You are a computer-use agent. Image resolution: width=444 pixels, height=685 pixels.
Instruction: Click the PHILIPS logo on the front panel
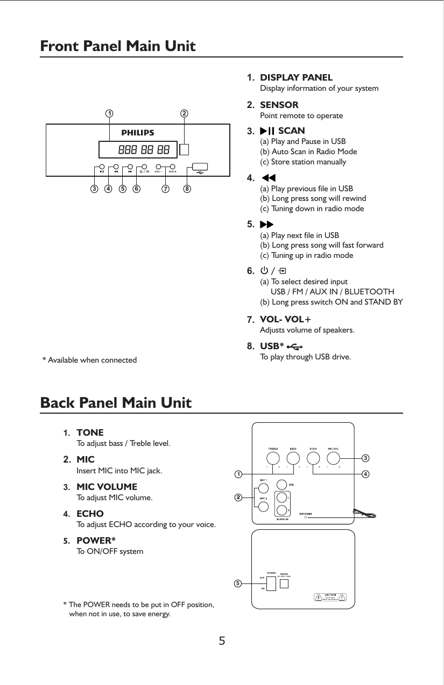pyautogui.click(x=137, y=132)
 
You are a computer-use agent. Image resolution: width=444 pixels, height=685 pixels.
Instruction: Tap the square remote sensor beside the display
pyautogui.click(x=185, y=150)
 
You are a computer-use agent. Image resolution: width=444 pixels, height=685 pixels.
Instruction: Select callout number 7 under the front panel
pyautogui.click(x=165, y=189)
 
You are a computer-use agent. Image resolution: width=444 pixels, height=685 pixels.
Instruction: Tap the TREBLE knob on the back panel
pyautogui.click(x=273, y=458)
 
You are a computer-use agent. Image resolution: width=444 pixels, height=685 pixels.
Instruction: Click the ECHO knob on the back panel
pyautogui.click(x=313, y=458)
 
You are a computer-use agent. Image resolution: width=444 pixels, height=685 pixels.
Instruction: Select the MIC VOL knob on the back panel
pyautogui.click(x=333, y=458)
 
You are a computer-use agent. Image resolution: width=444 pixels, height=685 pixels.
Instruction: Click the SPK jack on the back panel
pyautogui.click(x=281, y=485)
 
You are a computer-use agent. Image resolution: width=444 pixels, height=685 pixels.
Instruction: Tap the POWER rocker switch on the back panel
pyautogui.click(x=271, y=583)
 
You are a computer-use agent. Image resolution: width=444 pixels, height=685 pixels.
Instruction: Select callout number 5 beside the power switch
pyautogui.click(x=237, y=582)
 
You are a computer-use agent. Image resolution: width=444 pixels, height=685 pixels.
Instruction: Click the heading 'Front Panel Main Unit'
pyautogui.click(x=118, y=46)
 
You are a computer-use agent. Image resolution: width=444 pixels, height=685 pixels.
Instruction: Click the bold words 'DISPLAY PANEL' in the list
pyautogui.click(x=296, y=78)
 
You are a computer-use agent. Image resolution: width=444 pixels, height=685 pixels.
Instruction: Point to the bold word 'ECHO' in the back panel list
pyautogui.click(x=90, y=514)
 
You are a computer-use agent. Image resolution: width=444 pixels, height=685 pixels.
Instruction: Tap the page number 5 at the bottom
pyautogui.click(x=222, y=641)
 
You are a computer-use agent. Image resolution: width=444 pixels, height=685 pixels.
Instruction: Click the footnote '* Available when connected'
pyautogui.click(x=89, y=359)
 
